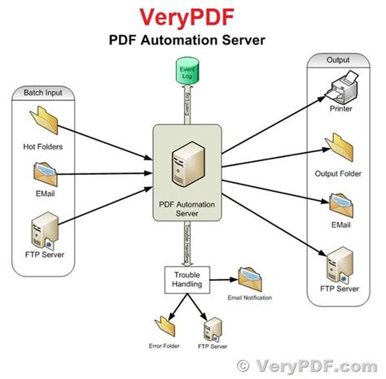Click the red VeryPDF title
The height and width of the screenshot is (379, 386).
click(192, 16)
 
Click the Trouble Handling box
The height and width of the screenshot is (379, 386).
click(189, 280)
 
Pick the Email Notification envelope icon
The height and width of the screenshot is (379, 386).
click(250, 278)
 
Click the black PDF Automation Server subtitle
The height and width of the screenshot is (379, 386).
click(192, 39)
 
